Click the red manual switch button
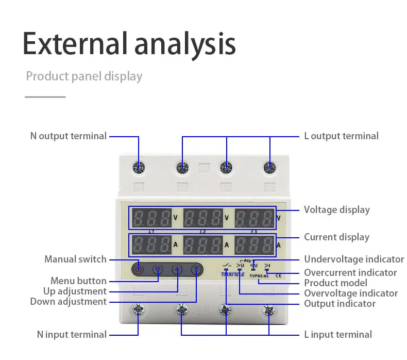click(138, 268)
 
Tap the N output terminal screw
click(139, 167)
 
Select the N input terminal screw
click(138, 310)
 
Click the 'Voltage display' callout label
click(336, 210)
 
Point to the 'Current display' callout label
click(336, 237)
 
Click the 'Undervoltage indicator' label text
click(353, 259)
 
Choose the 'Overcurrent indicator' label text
click(350, 272)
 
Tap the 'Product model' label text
click(335, 283)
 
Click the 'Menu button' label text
click(78, 281)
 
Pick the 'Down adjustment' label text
click(68, 302)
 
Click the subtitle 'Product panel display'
click(84, 76)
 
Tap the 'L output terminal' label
click(341, 136)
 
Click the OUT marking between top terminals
click(204, 168)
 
